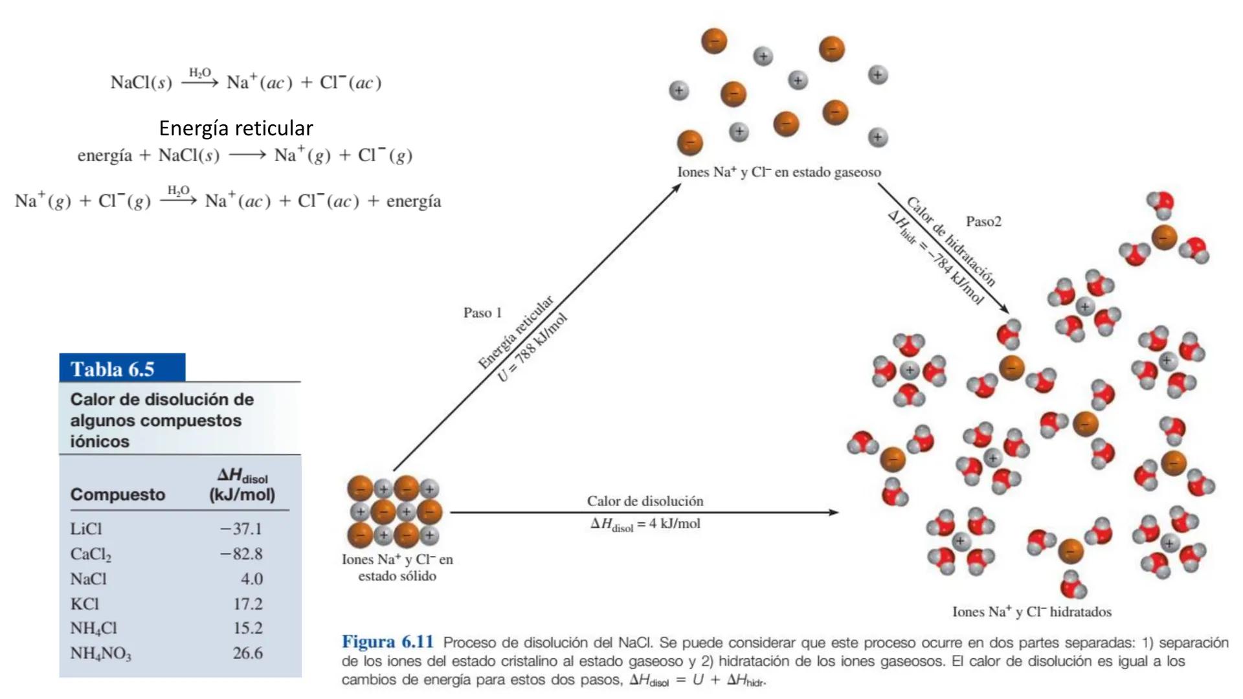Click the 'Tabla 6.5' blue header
tap(122, 368)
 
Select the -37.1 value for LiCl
tap(241, 529)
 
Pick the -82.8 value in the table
tap(241, 554)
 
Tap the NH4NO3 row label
tap(100, 653)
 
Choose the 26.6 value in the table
tap(247, 653)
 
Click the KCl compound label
tap(84, 604)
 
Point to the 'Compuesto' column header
tap(118, 494)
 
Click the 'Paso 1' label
tap(482, 313)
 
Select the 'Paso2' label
tap(983, 221)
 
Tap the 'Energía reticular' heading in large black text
tap(236, 128)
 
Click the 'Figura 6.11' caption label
tap(387, 642)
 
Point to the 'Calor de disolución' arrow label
tap(645, 501)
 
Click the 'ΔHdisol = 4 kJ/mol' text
tap(645, 524)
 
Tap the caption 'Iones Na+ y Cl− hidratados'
tap(1031, 612)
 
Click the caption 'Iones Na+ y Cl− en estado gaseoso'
tap(779, 172)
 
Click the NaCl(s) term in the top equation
tap(141, 83)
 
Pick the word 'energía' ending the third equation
tap(414, 201)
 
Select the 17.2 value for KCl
tap(247, 604)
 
